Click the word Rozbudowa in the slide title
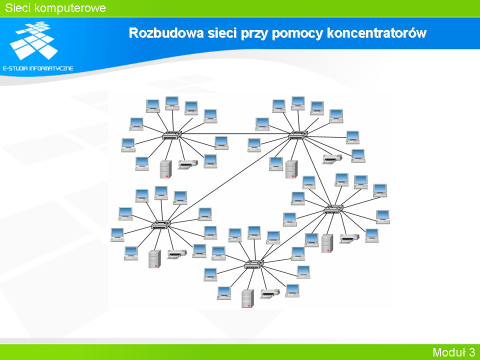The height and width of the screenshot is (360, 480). tap(166, 33)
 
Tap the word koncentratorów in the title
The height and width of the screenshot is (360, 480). tap(377, 33)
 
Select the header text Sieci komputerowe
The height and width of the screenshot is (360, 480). tap(55, 8)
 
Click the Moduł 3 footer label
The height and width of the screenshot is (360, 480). tap(453, 352)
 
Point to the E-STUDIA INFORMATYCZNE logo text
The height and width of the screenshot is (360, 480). tap(38, 68)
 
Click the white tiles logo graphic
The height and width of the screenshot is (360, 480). tap(33, 40)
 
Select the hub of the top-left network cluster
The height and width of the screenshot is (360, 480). tap(172, 135)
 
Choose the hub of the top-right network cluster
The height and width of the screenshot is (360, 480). tap(298, 135)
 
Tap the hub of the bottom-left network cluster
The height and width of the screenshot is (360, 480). tap(161, 224)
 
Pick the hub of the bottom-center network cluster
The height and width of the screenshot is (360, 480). tap(254, 264)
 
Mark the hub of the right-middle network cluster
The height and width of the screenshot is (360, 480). tap(333, 209)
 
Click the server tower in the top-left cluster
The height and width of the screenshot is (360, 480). tap(165, 169)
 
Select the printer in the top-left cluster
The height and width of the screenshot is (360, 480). tap(187, 164)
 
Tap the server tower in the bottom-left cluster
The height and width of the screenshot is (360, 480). tap(154, 259)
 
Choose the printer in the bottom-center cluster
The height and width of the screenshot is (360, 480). tap(269, 293)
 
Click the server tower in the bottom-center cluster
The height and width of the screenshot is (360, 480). tap(247, 298)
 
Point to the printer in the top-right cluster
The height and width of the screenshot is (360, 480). tap(332, 159)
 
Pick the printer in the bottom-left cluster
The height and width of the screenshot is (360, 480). tap(176, 254)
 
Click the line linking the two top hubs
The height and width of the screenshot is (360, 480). tap(235, 134)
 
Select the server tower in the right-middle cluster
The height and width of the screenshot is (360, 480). tap(327, 243)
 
